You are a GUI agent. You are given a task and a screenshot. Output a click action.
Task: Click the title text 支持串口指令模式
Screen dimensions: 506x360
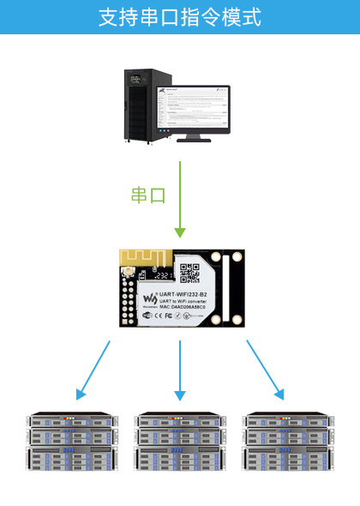[x=180, y=17]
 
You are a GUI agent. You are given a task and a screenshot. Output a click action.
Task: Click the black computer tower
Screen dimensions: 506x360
[x=141, y=107]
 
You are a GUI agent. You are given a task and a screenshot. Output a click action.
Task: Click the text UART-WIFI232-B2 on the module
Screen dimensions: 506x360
[x=190, y=294]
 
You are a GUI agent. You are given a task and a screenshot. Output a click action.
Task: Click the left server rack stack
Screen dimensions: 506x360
[x=71, y=442]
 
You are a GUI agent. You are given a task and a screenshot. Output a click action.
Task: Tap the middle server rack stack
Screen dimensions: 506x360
[x=179, y=442]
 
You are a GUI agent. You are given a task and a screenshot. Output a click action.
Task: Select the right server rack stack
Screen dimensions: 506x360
[x=287, y=442]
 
